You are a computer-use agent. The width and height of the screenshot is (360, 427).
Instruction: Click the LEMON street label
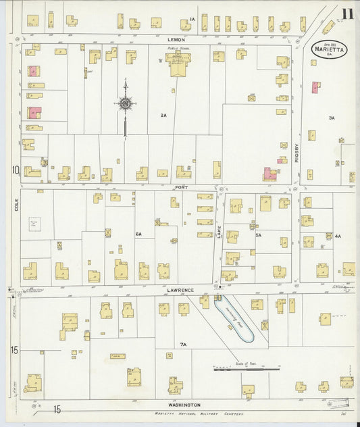tap(176, 40)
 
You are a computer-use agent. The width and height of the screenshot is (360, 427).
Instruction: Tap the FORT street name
tap(180, 184)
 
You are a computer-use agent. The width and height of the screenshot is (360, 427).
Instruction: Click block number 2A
tap(163, 116)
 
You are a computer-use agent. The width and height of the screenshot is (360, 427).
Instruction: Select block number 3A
tap(332, 118)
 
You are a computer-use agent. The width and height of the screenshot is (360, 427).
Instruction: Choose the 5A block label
tap(258, 235)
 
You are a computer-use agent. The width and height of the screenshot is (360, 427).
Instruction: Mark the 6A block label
tap(138, 234)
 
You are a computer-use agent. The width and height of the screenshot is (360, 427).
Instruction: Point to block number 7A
tap(182, 345)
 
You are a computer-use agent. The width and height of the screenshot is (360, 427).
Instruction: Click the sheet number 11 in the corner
tap(346, 14)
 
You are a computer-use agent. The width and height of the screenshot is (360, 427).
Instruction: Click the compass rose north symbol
tap(125, 103)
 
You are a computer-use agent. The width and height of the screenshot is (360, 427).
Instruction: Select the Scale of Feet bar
tap(246, 369)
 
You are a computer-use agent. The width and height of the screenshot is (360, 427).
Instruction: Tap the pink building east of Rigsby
tap(315, 86)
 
